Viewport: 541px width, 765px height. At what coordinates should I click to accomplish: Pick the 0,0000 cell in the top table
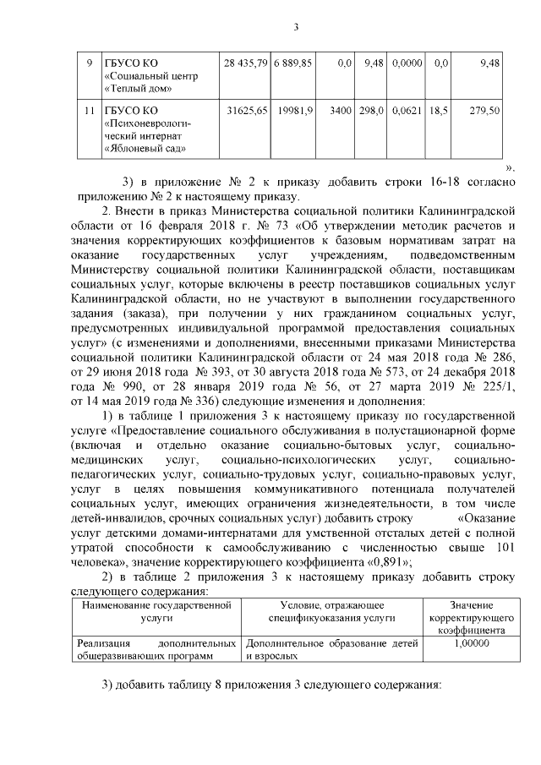pos(407,63)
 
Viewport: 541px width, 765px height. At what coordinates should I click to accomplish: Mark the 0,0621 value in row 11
pos(407,111)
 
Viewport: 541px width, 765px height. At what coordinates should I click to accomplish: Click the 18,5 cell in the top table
pos(438,111)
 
